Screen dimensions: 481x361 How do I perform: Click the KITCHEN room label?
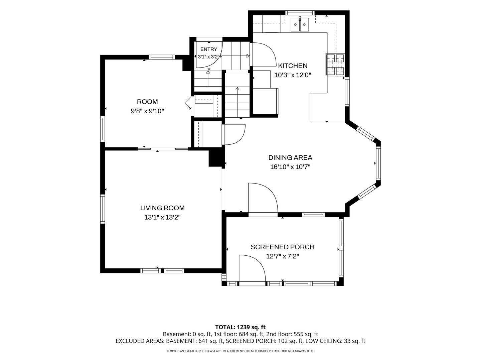[x=293, y=66]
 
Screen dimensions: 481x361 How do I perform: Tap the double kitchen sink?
[x=300, y=24]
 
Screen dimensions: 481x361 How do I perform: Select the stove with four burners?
[x=335, y=65]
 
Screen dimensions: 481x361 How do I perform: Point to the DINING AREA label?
[x=290, y=157]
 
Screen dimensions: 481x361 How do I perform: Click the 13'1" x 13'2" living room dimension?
[x=162, y=217]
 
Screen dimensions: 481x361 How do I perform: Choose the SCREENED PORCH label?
[x=283, y=247]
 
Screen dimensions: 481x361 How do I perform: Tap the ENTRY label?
[x=209, y=49]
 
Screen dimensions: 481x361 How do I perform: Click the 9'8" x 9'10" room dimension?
[x=147, y=111]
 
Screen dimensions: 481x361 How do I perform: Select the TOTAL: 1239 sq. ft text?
[x=240, y=327]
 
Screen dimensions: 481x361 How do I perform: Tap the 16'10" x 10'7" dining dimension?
[x=290, y=167]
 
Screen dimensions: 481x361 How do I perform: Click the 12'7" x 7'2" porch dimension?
[x=283, y=256]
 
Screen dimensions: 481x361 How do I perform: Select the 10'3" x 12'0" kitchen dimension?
[x=293, y=75]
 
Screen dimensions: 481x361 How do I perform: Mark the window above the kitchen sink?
[x=300, y=13]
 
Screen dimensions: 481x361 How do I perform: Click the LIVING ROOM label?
[x=162, y=208]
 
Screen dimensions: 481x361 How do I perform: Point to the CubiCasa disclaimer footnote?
[x=240, y=351]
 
